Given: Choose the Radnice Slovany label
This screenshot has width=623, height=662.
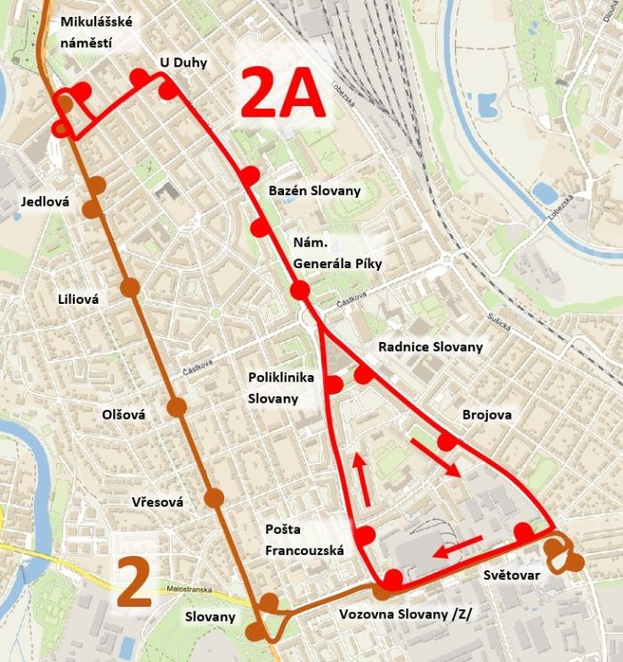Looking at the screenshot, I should [x=431, y=346].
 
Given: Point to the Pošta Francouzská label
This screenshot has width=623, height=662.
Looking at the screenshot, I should [x=304, y=540].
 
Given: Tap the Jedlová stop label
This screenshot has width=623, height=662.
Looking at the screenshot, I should [x=45, y=202].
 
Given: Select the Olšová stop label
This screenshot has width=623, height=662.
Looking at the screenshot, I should [x=123, y=414].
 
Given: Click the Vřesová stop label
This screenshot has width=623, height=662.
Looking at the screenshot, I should [x=157, y=503].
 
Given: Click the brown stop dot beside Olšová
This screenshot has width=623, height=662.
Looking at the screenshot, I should [x=176, y=407].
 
